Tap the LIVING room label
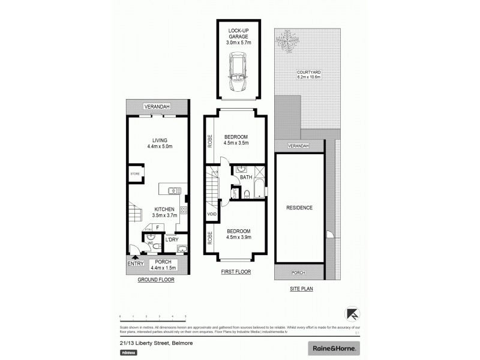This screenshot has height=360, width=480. [160, 142]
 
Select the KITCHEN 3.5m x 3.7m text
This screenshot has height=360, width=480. [163, 212]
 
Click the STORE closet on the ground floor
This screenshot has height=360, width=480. [135, 175]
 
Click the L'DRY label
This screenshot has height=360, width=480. [172, 240]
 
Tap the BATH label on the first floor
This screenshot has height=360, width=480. [246, 178]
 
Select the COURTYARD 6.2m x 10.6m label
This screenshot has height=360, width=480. [310, 74]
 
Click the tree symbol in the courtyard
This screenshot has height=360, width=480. [287, 41]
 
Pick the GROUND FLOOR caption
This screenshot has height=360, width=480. [156, 280]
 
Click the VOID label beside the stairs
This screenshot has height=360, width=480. [211, 214]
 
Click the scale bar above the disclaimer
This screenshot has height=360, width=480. [153, 316]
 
